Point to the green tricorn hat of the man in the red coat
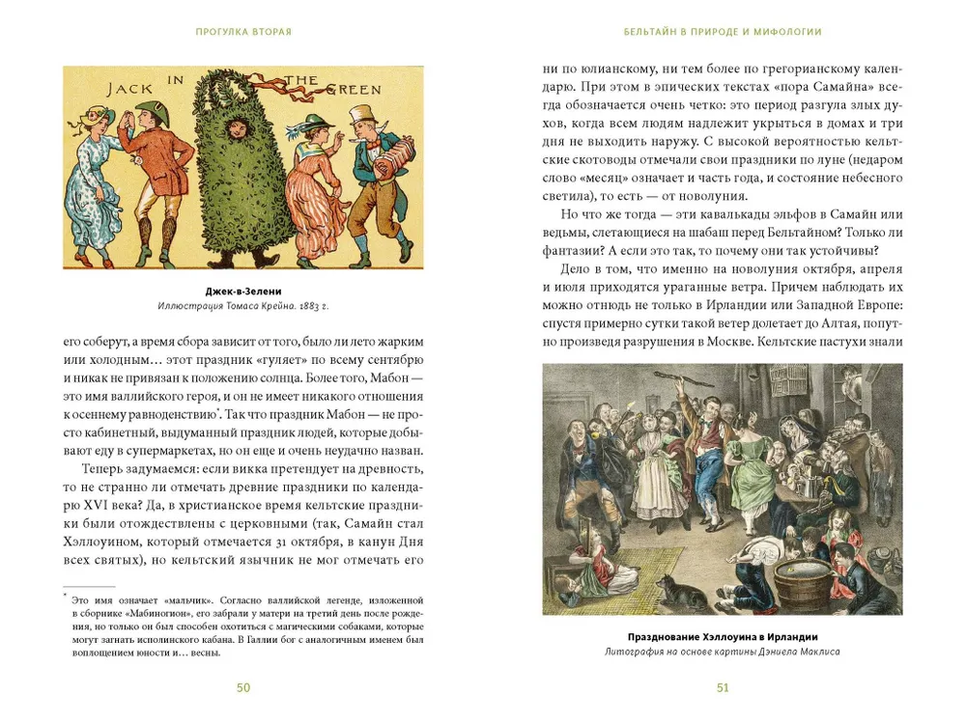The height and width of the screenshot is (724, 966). (148, 107)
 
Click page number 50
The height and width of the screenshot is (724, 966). (242, 687)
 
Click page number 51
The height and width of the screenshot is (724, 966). (723, 687)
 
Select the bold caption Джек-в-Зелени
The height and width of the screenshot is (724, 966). (242, 292)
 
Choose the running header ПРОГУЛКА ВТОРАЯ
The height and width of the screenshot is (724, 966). (243, 32)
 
